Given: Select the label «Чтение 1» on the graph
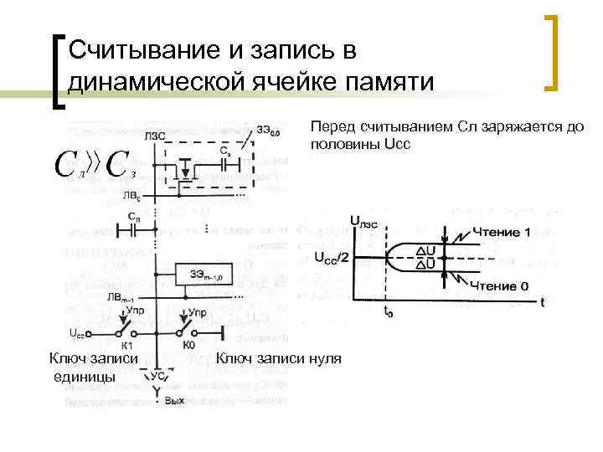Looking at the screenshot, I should click(x=501, y=231).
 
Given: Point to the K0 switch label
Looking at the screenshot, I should click(x=188, y=344).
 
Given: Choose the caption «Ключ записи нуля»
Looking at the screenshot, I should click(x=279, y=359).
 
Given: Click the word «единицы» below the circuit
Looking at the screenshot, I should click(x=85, y=377).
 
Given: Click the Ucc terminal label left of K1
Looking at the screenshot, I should click(x=77, y=332).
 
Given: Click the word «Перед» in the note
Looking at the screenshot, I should click(x=332, y=127).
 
